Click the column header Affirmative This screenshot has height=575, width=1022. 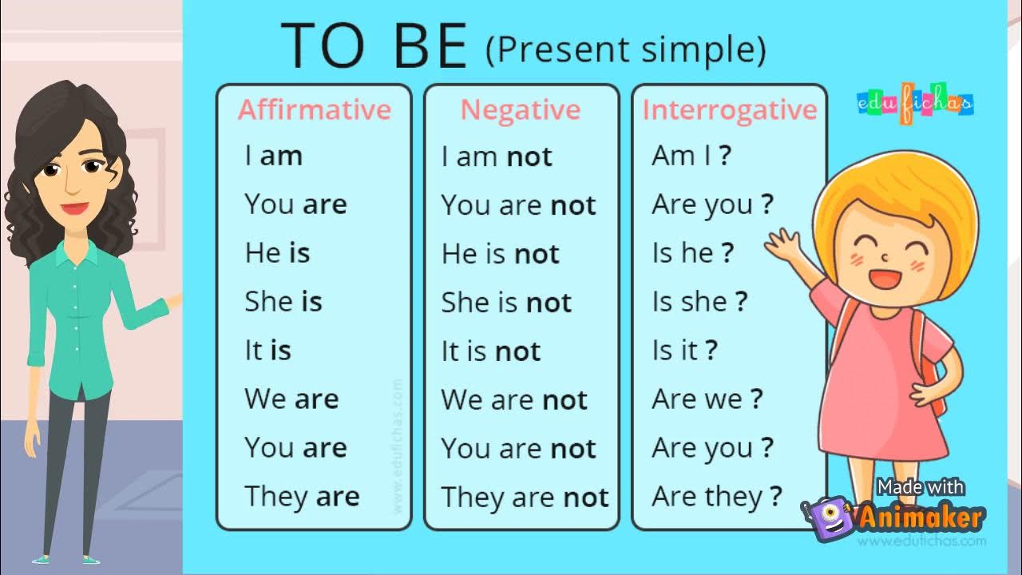(315, 109)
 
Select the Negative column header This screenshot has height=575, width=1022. (521, 109)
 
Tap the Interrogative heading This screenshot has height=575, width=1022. (730, 109)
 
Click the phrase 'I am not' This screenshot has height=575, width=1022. (497, 157)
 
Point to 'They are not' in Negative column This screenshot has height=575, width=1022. (525, 498)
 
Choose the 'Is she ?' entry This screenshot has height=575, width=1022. (699, 302)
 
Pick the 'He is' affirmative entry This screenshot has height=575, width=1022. (277, 253)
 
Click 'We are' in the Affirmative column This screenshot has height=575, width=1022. (291, 399)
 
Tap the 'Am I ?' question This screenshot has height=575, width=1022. (691, 156)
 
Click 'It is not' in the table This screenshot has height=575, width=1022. (491, 351)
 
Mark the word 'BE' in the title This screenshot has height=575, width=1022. (431, 46)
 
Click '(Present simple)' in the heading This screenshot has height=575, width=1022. (625, 50)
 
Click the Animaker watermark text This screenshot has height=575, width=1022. (921, 517)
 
